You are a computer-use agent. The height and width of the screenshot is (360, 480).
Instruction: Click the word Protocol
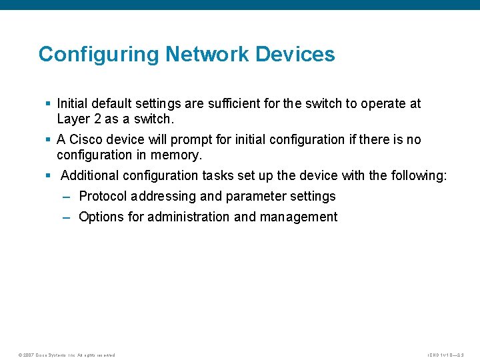pyautogui.click(x=103, y=197)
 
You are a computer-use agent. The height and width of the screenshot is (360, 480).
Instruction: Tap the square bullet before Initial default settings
pyautogui.click(x=48, y=104)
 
